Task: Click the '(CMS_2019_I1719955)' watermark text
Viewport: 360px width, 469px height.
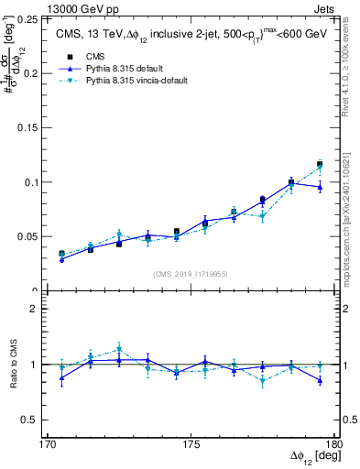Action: pos(191,273)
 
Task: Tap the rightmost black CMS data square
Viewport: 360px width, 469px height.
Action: pos(320,165)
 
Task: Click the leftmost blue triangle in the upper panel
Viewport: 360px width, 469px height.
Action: pos(61,259)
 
